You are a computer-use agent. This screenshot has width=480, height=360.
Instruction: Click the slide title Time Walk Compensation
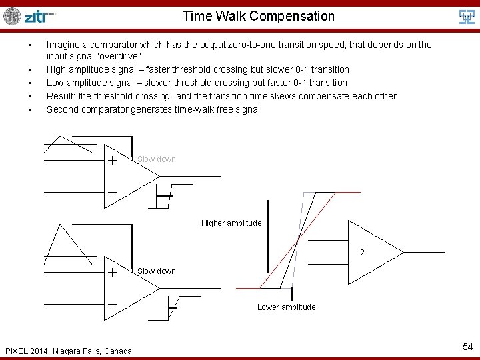(259, 16)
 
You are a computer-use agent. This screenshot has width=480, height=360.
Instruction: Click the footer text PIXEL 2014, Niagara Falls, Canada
(68, 351)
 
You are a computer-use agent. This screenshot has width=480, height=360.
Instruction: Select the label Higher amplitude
(231, 223)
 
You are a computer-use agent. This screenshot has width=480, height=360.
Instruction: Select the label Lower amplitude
(287, 307)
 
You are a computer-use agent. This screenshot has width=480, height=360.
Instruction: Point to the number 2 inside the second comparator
(362, 253)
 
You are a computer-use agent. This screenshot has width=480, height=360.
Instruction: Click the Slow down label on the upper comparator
(157, 159)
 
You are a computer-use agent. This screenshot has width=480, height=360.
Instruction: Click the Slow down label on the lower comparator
(157, 271)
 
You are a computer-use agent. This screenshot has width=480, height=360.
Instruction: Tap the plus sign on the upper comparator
(112, 161)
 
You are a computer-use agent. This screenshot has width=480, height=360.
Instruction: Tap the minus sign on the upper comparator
(112, 192)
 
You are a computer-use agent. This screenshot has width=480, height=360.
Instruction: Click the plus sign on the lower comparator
(112, 273)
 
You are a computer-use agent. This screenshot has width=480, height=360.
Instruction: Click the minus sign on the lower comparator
(112, 304)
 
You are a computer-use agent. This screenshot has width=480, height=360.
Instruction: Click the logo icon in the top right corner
(467, 17)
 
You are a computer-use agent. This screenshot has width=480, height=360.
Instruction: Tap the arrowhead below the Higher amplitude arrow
(267, 270)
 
